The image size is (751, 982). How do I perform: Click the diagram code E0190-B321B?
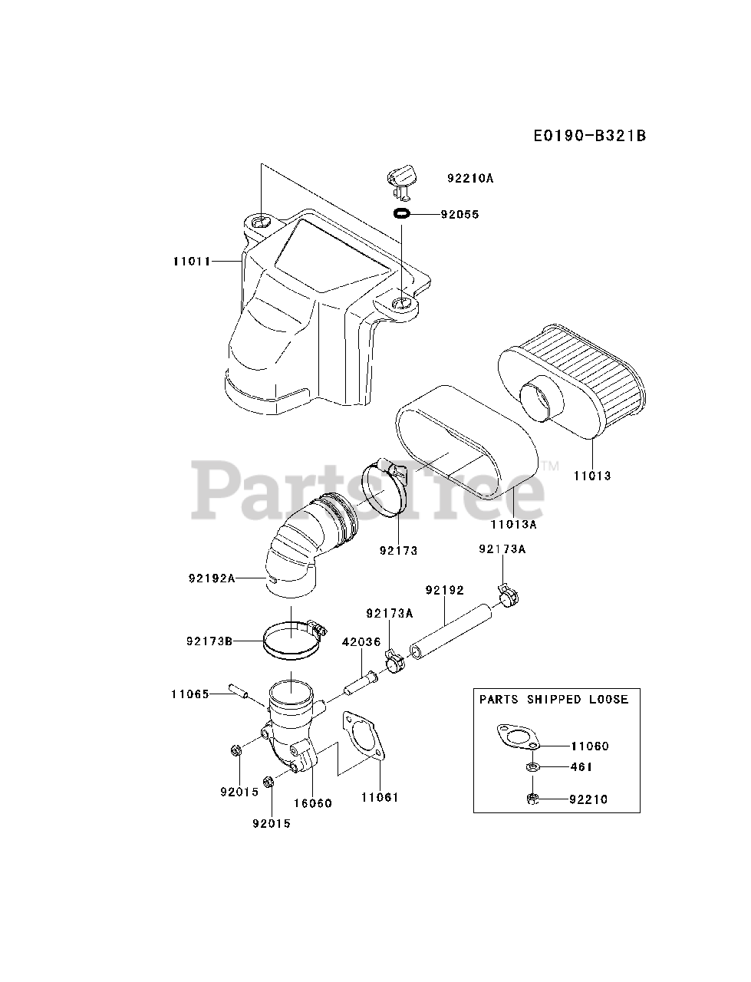[x=589, y=136]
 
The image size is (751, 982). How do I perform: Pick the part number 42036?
[x=362, y=641]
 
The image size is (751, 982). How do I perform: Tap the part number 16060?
[x=313, y=802]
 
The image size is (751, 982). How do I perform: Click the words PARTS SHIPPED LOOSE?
[x=554, y=699]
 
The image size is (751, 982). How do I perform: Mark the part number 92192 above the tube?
[x=445, y=590]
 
